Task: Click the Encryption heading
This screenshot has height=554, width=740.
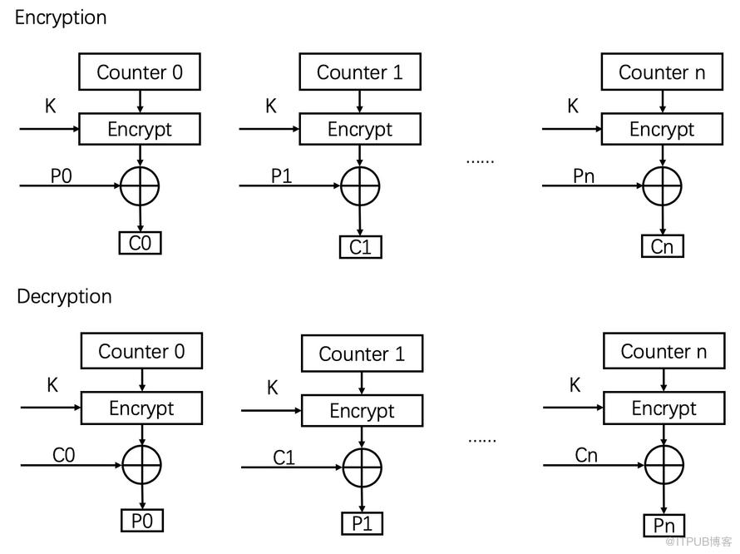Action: pyautogui.click(x=61, y=18)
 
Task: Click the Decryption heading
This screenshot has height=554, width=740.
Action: pyautogui.click(x=64, y=297)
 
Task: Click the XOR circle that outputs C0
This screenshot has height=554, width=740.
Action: pyautogui.click(x=140, y=166)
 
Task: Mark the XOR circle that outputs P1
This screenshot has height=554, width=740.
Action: pyautogui.click(x=362, y=448)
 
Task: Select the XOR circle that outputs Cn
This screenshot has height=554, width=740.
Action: pyautogui.click(x=662, y=166)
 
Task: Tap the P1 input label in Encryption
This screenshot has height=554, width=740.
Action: pyautogui.click(x=282, y=176)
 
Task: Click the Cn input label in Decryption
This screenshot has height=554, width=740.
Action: pyautogui.click(x=586, y=455)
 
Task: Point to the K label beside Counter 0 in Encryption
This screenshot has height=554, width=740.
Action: pyautogui.click(x=51, y=106)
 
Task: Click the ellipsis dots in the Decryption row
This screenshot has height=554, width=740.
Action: pyautogui.click(x=482, y=441)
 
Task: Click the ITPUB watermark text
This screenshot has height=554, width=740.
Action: pyautogui.click(x=698, y=542)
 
